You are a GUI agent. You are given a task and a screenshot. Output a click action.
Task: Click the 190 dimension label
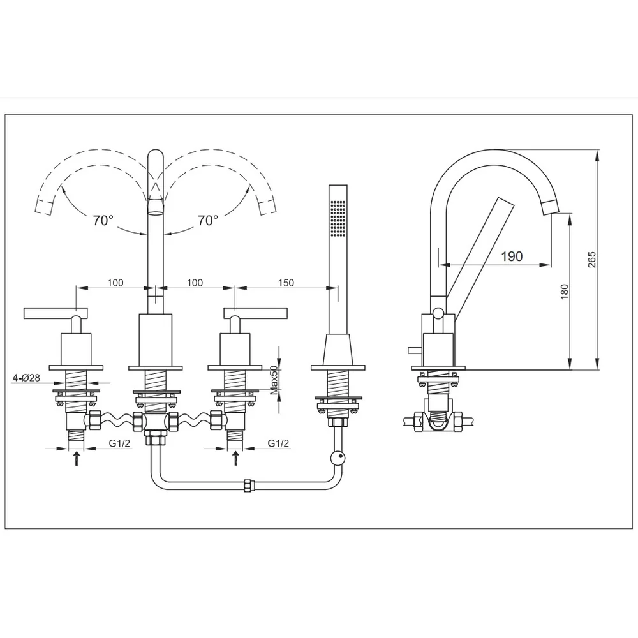pyautogui.click(x=512, y=256)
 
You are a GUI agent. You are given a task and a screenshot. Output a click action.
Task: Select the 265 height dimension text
pyautogui.click(x=592, y=260)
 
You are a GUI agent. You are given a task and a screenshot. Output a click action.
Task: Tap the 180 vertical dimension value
pyautogui.click(x=565, y=292)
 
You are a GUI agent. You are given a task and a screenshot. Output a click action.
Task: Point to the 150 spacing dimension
pyautogui.click(x=286, y=283)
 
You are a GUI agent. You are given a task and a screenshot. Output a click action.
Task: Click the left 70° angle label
pyautogui.click(x=103, y=221)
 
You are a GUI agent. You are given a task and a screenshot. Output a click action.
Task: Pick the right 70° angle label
pyautogui.click(x=208, y=221)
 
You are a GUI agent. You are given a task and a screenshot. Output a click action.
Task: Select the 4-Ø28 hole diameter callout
pyautogui.click(x=26, y=378)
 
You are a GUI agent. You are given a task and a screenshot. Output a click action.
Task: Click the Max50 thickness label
pyautogui.click(x=274, y=379)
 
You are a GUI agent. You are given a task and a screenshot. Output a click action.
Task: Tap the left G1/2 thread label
pyautogui.click(x=120, y=443)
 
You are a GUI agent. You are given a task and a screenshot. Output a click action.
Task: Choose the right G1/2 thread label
pyautogui.click(x=278, y=443)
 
